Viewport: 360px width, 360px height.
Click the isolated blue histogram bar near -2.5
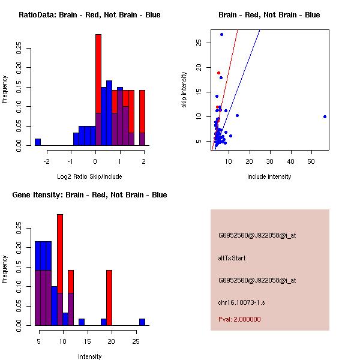click(x=38, y=142)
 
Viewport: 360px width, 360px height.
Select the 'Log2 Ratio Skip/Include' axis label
click(x=89, y=176)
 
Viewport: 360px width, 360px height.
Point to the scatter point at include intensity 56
click(x=325, y=116)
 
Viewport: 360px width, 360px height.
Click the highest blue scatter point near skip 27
click(x=221, y=34)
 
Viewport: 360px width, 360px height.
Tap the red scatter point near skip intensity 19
click(x=218, y=73)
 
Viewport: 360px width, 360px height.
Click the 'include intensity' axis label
click(x=269, y=176)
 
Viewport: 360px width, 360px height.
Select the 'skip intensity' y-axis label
click(x=184, y=90)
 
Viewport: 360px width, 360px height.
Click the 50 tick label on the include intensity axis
click(x=311, y=161)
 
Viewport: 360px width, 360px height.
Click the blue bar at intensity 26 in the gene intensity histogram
click(x=142, y=322)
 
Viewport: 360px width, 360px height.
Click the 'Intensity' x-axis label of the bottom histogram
click(x=89, y=356)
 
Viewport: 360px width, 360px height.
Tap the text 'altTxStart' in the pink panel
click(x=232, y=258)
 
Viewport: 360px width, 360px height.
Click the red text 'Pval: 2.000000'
click(x=239, y=319)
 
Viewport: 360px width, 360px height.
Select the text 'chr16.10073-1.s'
click(x=241, y=302)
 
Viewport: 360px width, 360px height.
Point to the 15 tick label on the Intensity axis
click(x=88, y=341)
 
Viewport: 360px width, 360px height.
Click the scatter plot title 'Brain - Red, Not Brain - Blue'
click(x=269, y=15)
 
